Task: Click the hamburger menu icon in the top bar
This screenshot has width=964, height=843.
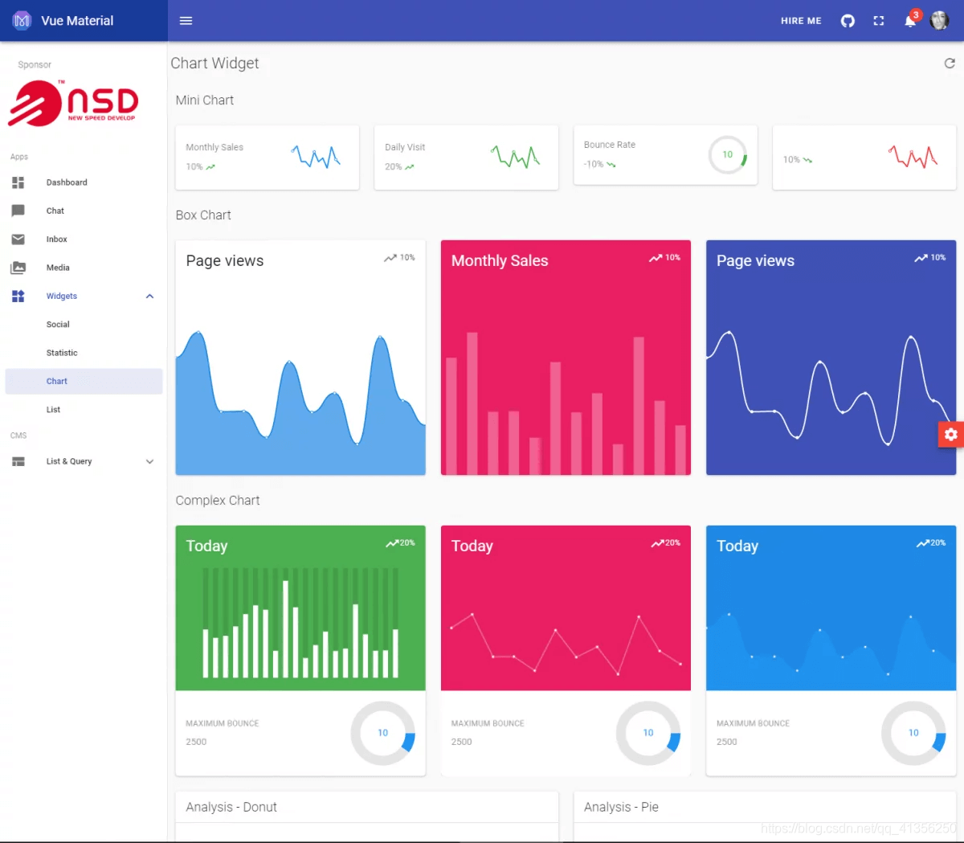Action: coord(186,21)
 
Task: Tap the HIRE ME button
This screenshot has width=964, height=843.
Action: coord(801,21)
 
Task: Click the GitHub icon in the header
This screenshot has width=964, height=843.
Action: coord(848,21)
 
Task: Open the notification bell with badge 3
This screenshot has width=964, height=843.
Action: coord(910,21)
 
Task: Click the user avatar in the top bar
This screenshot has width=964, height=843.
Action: coord(939,21)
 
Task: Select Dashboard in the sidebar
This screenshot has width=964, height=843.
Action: coord(67,182)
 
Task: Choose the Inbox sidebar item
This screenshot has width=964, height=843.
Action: coord(56,239)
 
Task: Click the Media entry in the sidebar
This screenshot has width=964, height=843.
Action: coord(58,268)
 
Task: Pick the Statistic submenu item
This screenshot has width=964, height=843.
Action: coord(62,353)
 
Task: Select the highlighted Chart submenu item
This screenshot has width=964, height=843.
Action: coord(57,382)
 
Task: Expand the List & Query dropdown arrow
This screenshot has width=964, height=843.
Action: coord(149,461)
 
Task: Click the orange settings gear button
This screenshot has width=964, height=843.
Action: coord(951,435)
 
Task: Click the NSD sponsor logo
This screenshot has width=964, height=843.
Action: coord(74,104)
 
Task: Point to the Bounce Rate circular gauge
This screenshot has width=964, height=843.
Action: coord(727,155)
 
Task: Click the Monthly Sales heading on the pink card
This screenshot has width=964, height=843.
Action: coord(500,261)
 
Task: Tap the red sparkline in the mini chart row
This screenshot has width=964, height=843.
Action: coord(913,157)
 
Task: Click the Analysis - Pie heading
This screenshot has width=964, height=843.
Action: coord(621,807)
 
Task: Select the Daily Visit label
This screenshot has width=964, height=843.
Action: coord(405,147)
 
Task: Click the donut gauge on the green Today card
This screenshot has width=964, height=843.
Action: coord(383,733)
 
